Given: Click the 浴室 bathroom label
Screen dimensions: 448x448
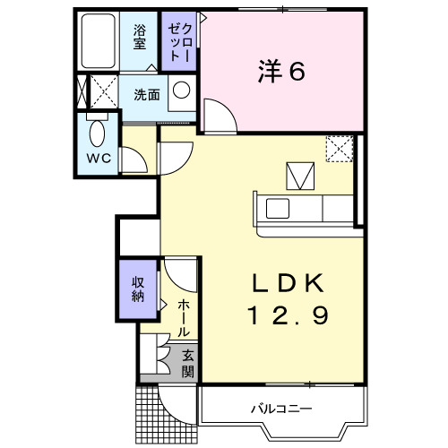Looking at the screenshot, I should point(140,38).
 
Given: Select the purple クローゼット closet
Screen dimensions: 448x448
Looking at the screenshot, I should point(179,39).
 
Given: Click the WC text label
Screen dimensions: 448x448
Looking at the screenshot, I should point(98,159).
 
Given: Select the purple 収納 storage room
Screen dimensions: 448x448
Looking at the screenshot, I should point(139,289).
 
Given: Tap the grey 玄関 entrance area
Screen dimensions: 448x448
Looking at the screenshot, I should point(188,363).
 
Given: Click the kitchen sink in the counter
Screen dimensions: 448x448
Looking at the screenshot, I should point(276,209).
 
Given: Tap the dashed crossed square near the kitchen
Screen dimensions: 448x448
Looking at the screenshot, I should point(339,149).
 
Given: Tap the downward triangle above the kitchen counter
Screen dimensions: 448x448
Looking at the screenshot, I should point(297,173).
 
